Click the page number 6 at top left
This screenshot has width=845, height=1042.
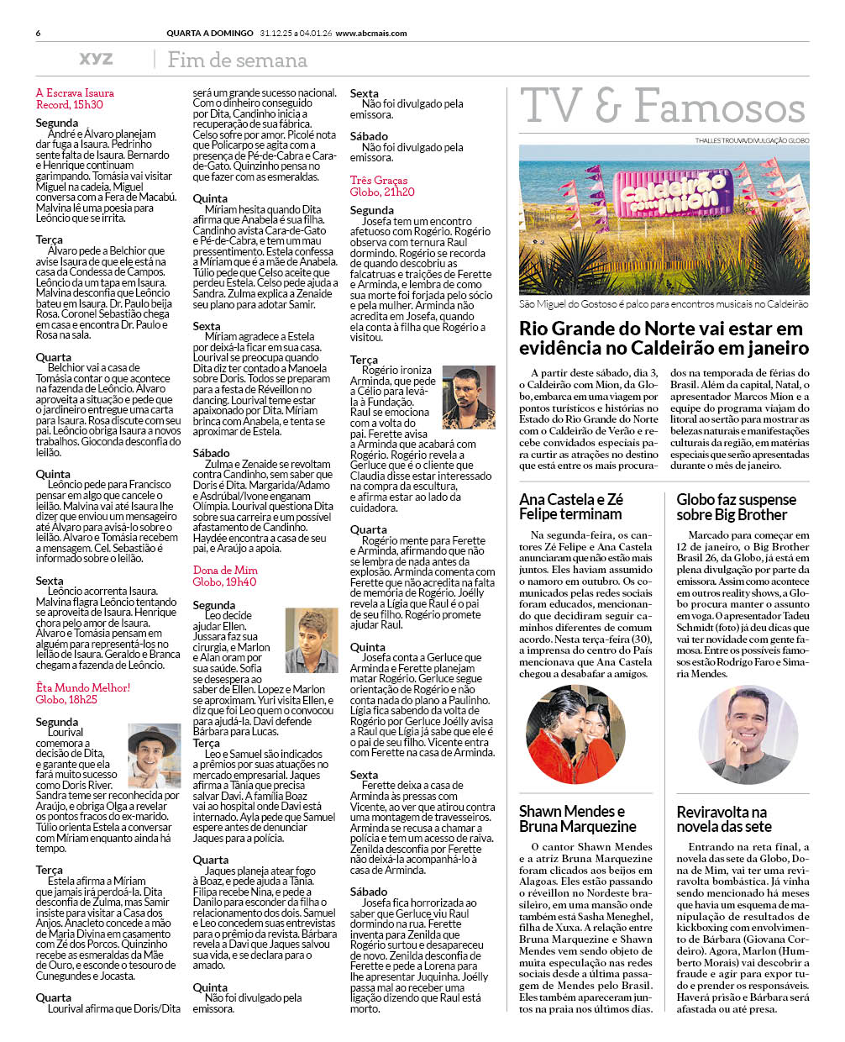tap(39, 34)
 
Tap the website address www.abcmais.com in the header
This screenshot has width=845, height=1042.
tap(370, 34)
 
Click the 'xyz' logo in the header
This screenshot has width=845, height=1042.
tap(96, 59)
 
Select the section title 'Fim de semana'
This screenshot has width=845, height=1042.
tap(237, 60)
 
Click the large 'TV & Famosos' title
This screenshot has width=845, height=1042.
tap(662, 108)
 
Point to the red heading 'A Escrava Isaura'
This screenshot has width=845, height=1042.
tap(75, 93)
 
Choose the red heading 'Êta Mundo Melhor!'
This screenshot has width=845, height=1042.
tap(83, 687)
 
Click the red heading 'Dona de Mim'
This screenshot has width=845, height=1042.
tap(225, 570)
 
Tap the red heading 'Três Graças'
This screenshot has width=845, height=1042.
tap(379, 180)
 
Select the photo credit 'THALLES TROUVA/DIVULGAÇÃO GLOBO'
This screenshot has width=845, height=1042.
tap(751, 140)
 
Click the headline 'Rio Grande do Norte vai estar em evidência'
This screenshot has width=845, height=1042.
tap(664, 339)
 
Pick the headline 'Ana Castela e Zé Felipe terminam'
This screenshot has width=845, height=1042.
tap(571, 507)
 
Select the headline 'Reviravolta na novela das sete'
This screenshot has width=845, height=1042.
tap(723, 818)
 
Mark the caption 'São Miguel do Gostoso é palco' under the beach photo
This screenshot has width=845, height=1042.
tap(664, 303)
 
